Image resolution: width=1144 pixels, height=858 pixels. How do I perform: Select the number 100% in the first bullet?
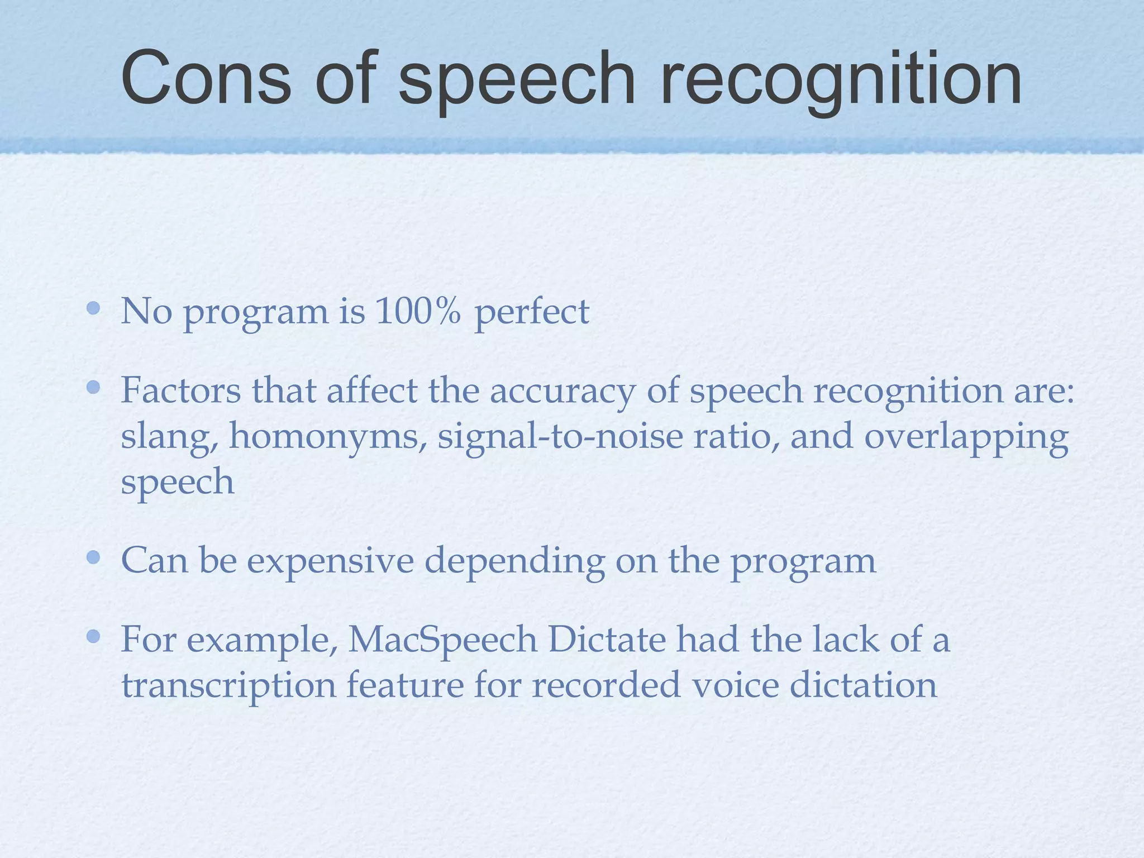[418, 311]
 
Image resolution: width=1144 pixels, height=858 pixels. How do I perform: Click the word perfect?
[532, 312]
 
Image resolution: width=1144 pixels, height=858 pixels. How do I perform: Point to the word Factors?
[181, 390]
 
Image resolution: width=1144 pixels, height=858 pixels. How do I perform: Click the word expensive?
[330, 561]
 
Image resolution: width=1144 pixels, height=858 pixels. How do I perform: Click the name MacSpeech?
[442, 640]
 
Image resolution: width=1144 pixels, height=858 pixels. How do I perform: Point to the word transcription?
[229, 686]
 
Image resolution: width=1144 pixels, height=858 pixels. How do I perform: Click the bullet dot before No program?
[93, 308]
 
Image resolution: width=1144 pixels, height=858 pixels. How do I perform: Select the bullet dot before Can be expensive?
[93, 557]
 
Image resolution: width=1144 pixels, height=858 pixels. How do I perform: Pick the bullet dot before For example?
[93, 636]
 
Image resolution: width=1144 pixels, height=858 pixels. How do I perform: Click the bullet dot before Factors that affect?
[93, 387]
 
